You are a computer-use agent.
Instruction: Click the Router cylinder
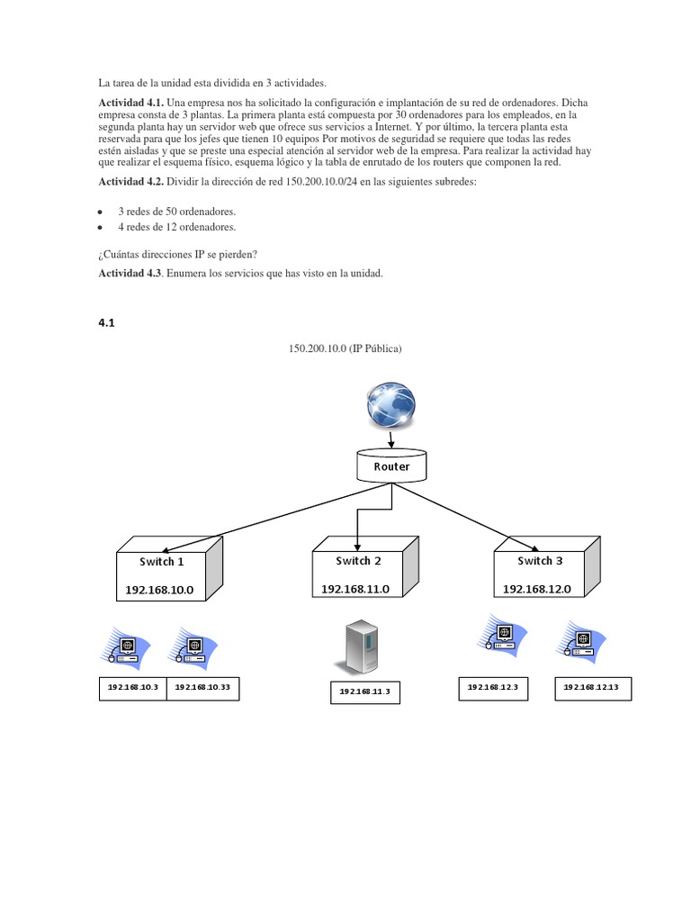point(391,466)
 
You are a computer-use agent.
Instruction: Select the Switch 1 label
point(161,562)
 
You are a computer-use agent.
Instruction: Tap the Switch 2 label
point(358,561)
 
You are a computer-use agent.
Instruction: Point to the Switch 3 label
point(540,561)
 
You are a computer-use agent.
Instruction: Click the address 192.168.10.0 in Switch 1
point(159,591)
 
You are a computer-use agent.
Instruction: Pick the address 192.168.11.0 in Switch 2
point(355,589)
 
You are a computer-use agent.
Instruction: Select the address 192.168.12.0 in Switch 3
point(537,589)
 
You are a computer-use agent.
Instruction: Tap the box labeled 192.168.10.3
point(132,688)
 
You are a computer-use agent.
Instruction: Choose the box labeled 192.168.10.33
point(202,688)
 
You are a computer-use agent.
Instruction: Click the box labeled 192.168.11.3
point(364,692)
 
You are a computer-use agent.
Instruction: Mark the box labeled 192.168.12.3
point(493,688)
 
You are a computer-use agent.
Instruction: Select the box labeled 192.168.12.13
point(592,688)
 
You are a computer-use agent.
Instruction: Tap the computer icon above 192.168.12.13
point(582,641)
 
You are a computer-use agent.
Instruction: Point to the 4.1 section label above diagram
point(107,321)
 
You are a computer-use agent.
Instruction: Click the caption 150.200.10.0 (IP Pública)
point(345,348)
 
